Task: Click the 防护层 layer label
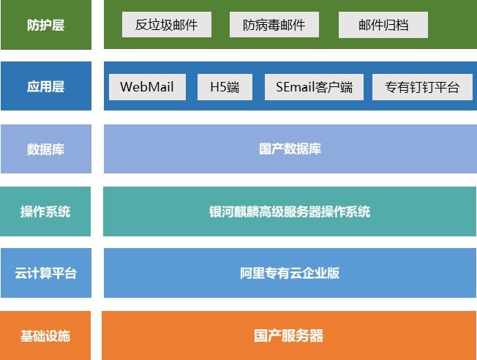tap(46, 25)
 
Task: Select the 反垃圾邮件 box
tap(167, 25)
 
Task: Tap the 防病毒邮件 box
tap(274, 25)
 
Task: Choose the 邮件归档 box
tap(383, 25)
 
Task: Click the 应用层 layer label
tap(46, 86)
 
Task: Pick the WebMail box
tap(147, 87)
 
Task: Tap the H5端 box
tap(225, 87)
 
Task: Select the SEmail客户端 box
tap(314, 87)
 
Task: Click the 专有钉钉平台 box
tap(422, 87)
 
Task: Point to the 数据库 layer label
tap(46, 149)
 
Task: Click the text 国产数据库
tap(290, 149)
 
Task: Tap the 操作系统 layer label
tap(45, 211)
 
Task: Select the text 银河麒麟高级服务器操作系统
tap(290, 211)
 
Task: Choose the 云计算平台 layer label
tap(46, 273)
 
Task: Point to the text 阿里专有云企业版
tap(290, 273)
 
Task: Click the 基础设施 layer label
tap(45, 336)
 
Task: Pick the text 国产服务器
tap(289, 336)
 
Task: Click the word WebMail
tap(147, 87)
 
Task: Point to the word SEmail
tap(296, 87)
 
